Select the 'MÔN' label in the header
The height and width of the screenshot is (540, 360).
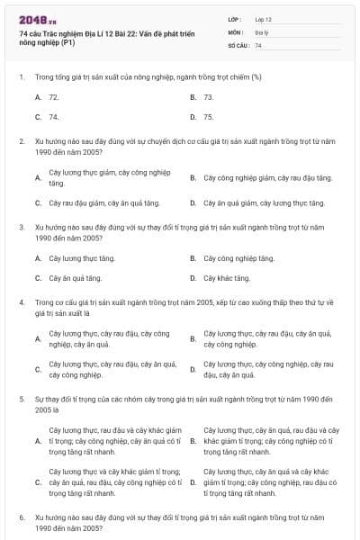point(235,31)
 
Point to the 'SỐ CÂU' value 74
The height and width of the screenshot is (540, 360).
point(258,44)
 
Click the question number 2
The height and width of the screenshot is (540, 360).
point(22,141)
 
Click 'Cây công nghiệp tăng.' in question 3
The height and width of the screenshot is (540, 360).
point(238,258)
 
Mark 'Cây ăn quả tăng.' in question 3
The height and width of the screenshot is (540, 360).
point(75,278)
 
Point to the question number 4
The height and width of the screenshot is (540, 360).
point(22,303)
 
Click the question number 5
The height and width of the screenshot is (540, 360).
point(22,397)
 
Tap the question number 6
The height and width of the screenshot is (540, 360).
point(22,519)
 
